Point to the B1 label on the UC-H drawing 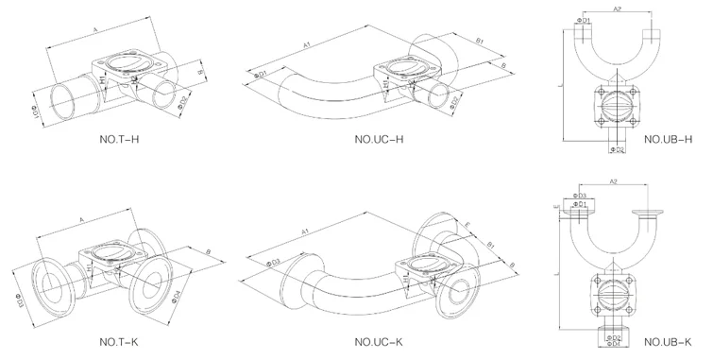coord(480,42)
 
